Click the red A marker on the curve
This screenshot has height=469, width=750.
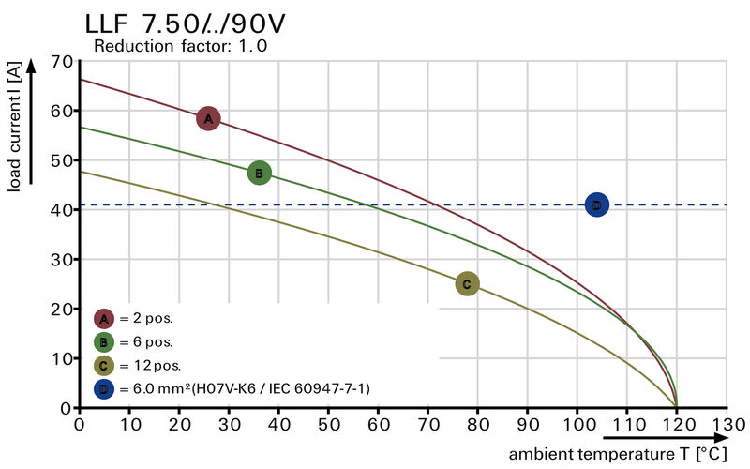pyautogui.click(x=208, y=118)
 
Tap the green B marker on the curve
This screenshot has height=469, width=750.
pyautogui.click(x=259, y=173)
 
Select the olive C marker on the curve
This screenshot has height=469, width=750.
pyautogui.click(x=467, y=283)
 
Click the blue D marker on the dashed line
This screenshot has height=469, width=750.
pyautogui.click(x=597, y=204)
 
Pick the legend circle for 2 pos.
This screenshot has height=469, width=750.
pyautogui.click(x=104, y=319)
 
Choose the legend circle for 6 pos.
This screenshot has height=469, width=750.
pyautogui.click(x=104, y=341)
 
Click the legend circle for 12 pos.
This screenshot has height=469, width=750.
pyautogui.click(x=104, y=365)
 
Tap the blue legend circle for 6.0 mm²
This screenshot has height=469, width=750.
pyautogui.click(x=104, y=387)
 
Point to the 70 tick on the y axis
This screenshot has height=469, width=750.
pyautogui.click(x=62, y=62)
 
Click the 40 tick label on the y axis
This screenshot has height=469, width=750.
pyautogui.click(x=62, y=210)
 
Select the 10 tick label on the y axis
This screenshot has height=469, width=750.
pyautogui.click(x=62, y=358)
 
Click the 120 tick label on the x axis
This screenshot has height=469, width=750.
pyautogui.click(x=677, y=423)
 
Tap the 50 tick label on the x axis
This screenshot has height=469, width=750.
pyautogui.click(x=328, y=423)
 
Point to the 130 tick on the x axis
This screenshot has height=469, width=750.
pyautogui.click(x=727, y=423)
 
